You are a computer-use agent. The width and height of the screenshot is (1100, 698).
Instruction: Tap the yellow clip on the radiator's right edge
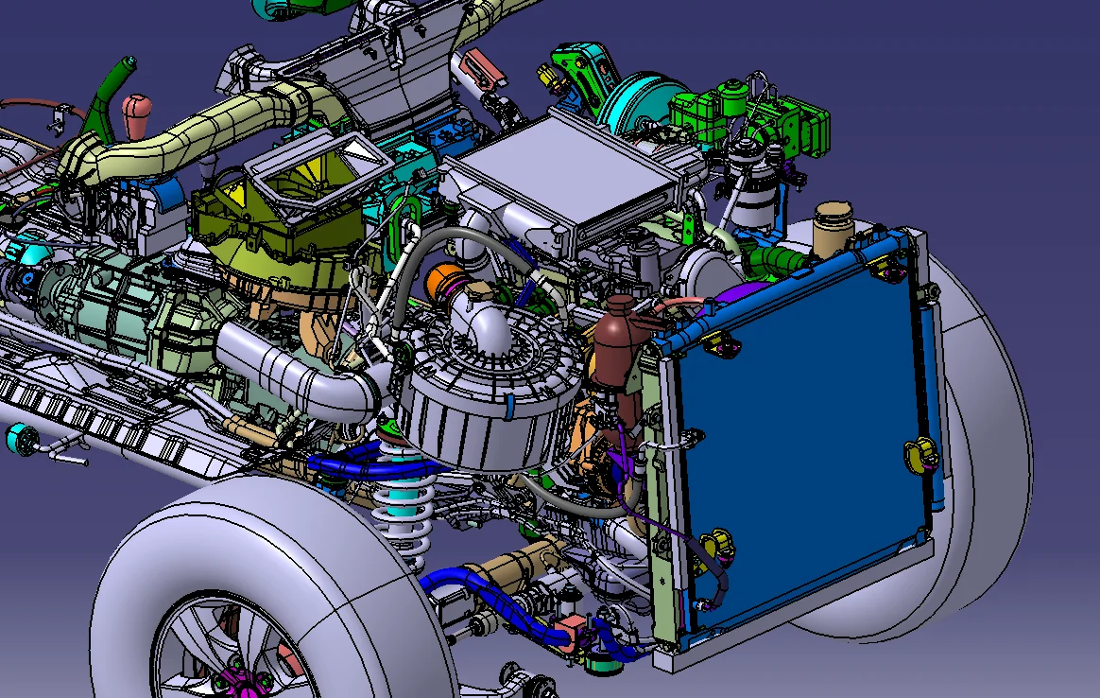[x=920, y=455]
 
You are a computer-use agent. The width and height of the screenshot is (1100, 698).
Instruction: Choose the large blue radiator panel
[x=803, y=426]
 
